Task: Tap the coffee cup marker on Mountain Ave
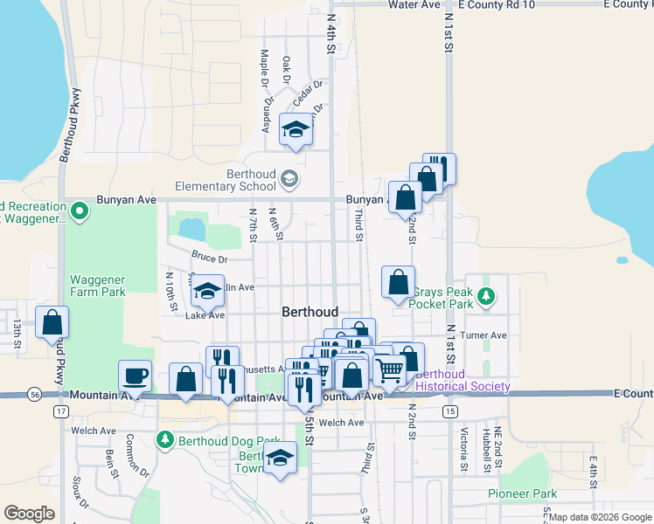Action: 135,376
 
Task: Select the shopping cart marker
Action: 389,369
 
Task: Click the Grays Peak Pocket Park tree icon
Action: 489,297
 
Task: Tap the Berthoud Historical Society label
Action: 463,381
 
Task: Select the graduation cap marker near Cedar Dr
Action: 296,130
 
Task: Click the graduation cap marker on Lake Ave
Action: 207,291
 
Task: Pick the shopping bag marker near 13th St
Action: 52,322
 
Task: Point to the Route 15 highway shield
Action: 449,410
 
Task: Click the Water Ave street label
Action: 414,4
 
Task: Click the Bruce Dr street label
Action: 210,259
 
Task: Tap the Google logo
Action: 29,514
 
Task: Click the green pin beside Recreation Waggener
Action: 79,210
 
